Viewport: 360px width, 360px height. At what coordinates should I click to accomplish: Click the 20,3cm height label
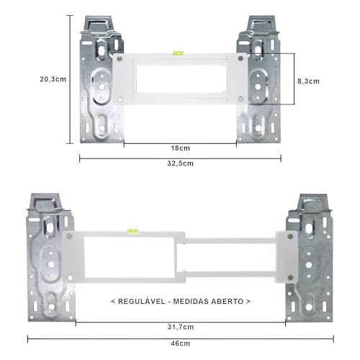(53, 79)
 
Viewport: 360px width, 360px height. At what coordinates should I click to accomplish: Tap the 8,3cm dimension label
(308, 81)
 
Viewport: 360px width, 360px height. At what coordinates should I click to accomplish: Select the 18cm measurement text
(180, 148)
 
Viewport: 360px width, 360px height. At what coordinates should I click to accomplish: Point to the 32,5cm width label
(180, 163)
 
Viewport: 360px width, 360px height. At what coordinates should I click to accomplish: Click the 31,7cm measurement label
(181, 327)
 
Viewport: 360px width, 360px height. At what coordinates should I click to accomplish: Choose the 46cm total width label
(181, 343)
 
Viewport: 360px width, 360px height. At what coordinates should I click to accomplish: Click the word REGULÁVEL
(142, 301)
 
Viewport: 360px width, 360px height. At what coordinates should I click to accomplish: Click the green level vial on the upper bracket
(179, 53)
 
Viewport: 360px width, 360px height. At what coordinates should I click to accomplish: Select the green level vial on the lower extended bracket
(132, 231)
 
